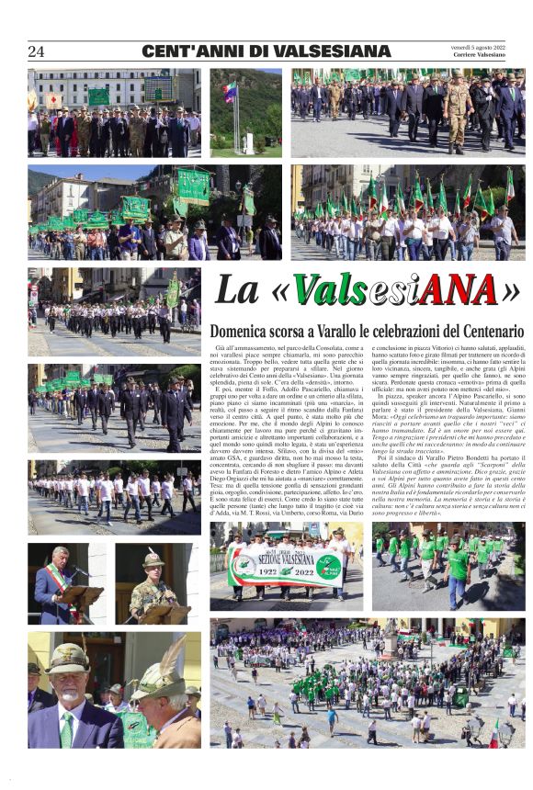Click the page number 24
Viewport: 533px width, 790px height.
(36, 51)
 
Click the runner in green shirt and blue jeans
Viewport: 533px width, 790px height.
(459, 573)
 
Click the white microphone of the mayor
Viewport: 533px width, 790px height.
(76, 573)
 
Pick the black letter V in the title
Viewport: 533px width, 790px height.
(313, 290)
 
